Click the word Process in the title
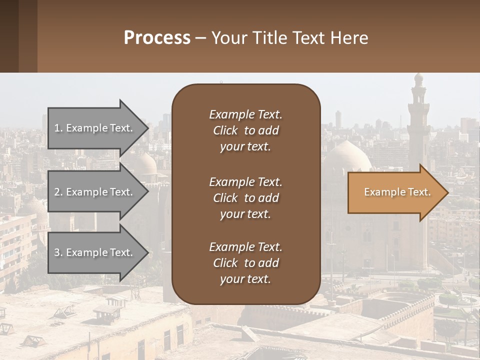tap(157, 38)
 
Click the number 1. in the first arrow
tap(58, 128)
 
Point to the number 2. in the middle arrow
tap(58, 192)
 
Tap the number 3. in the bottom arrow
tap(58, 252)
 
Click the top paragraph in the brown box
tap(245, 130)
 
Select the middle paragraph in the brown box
tap(245, 198)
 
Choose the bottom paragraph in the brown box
tap(245, 263)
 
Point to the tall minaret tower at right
tap(418, 120)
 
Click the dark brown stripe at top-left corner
tap(9, 36)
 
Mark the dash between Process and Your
tap(201, 38)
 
